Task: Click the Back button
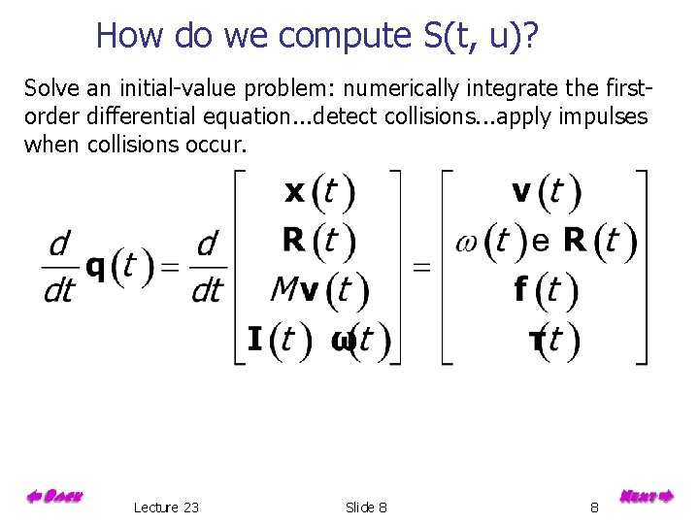[x=54, y=497]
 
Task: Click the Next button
[x=646, y=496]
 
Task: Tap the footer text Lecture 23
[x=166, y=508]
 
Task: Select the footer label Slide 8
[x=366, y=508]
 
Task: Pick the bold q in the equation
[x=95, y=265]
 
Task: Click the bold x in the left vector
[x=295, y=192]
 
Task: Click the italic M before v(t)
[x=283, y=289]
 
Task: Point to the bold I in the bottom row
[x=254, y=339]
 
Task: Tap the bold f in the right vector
[x=521, y=288]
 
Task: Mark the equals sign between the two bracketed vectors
[x=421, y=266]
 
